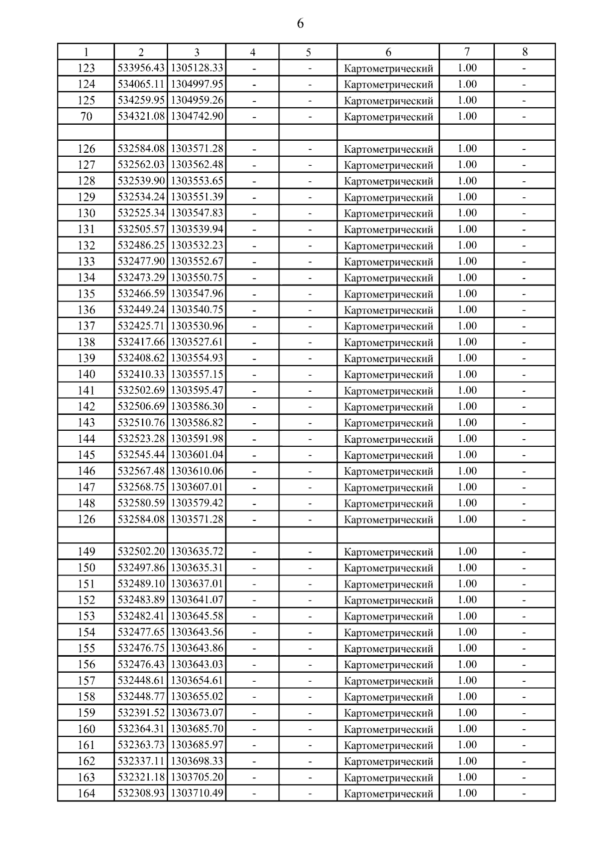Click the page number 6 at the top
click(x=300, y=24)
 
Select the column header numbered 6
click(x=388, y=52)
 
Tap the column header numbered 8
click(x=524, y=52)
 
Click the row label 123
click(x=86, y=68)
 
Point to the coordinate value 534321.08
click(x=141, y=116)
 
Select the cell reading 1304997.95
click(x=197, y=84)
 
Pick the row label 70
click(x=86, y=116)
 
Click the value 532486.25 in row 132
click(x=141, y=245)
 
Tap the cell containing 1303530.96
click(x=197, y=326)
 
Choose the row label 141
click(x=86, y=390)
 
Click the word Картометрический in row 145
click(x=388, y=455)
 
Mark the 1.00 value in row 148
click(x=467, y=503)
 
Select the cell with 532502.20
click(x=141, y=551)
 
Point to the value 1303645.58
click(x=197, y=616)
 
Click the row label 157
click(x=86, y=680)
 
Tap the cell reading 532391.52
click(x=141, y=712)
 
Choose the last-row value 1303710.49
click(x=197, y=793)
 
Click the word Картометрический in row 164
click(x=388, y=794)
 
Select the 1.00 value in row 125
click(x=467, y=100)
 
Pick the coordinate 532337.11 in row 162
click(x=141, y=761)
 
